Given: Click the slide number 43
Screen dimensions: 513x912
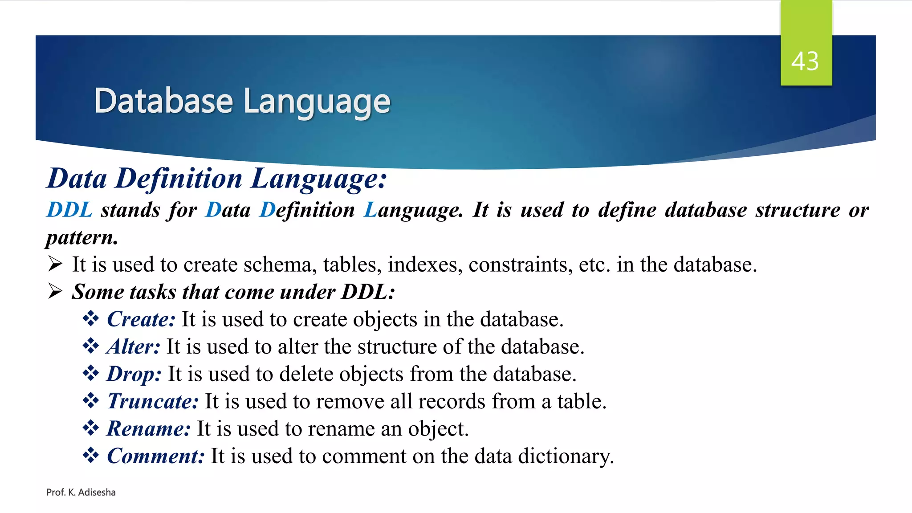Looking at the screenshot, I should click(805, 61).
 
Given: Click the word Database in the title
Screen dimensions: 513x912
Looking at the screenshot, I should click(163, 101).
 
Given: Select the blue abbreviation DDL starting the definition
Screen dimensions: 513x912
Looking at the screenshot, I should click(69, 210).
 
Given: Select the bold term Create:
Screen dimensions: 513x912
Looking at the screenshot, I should click(141, 319).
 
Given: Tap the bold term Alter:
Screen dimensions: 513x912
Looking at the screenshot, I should click(133, 346).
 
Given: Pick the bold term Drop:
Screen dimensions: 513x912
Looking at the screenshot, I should click(134, 374).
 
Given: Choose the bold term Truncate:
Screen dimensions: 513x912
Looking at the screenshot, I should click(153, 401).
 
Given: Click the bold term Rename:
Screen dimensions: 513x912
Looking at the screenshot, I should click(149, 429).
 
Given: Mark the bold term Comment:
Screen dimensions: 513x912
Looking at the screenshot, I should click(155, 456).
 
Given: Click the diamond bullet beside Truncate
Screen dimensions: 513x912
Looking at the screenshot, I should click(91, 401).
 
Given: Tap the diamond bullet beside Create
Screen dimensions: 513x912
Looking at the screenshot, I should click(91, 319).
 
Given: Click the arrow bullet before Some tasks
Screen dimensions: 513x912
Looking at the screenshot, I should click(55, 291).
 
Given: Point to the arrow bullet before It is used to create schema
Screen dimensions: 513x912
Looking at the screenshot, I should click(55, 264).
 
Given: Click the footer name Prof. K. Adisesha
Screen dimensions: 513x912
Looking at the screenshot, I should click(81, 492).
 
